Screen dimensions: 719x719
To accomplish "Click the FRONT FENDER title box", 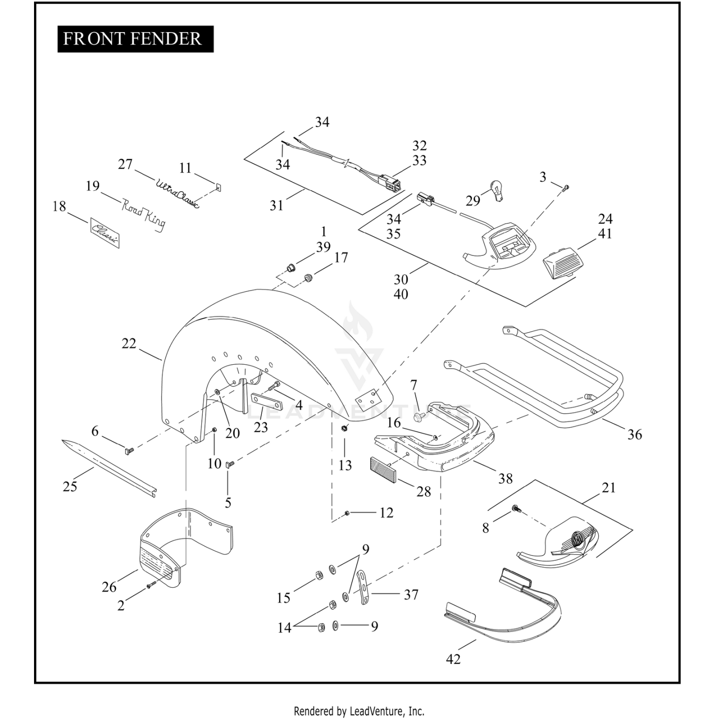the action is click(x=135, y=39).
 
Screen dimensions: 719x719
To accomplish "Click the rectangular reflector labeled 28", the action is click(x=383, y=469).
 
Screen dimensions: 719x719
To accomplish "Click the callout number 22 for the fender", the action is click(x=129, y=343).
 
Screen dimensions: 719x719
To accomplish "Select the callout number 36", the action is click(x=635, y=434).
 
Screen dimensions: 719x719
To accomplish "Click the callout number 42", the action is click(x=453, y=659).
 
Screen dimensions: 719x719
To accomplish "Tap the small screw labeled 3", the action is click(x=565, y=188).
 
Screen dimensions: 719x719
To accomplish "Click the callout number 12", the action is click(x=386, y=512).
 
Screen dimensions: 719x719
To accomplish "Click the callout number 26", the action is click(x=109, y=587).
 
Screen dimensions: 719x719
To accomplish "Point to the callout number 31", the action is click(x=277, y=205).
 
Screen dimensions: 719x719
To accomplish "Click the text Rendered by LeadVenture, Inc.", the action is click(x=359, y=710).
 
